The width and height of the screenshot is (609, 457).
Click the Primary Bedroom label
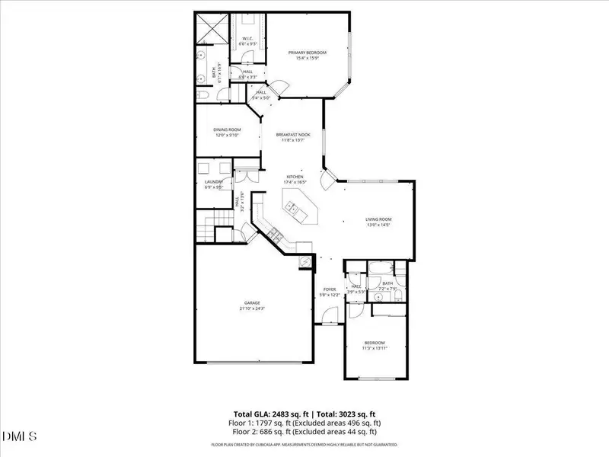click(307, 53)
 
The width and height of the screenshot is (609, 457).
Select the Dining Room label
click(227, 130)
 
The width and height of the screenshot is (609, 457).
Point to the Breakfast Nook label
click(293, 134)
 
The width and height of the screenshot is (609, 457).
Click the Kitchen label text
click(295, 176)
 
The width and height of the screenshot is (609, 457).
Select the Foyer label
click(330, 289)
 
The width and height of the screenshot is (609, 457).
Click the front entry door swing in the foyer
click(325, 316)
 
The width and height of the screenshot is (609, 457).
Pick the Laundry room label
click(213, 182)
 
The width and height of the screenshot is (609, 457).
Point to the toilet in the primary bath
click(206, 94)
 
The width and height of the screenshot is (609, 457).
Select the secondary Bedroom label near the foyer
click(374, 343)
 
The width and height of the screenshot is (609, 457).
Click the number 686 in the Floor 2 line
click(269, 432)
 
